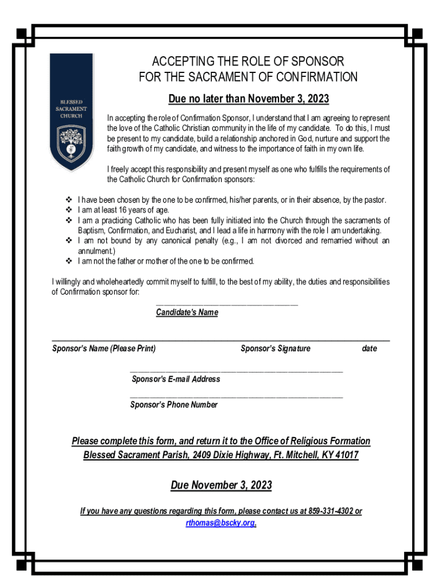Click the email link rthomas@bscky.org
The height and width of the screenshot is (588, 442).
[x=221, y=523]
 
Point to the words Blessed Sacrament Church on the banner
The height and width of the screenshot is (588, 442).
[x=71, y=109]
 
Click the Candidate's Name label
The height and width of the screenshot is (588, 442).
[x=187, y=312]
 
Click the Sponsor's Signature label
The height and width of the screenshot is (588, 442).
[x=276, y=349]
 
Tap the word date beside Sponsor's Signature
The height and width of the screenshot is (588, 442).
[x=370, y=349]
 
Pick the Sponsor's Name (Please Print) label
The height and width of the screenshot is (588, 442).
[x=104, y=349]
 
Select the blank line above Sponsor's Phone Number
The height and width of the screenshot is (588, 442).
[x=236, y=397]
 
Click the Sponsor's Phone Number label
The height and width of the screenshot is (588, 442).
[x=174, y=405]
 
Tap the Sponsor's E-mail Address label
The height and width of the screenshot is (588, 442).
[x=176, y=380]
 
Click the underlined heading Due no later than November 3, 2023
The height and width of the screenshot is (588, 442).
[x=249, y=99]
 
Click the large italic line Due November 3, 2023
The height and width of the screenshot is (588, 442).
[x=221, y=486]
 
